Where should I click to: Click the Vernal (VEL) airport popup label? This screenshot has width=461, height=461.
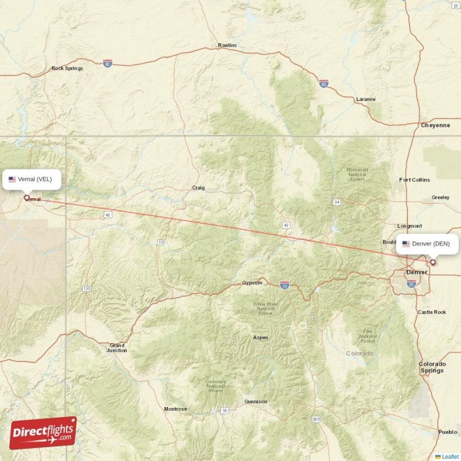(x=32, y=179)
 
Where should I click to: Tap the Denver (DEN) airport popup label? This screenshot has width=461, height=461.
(x=427, y=244)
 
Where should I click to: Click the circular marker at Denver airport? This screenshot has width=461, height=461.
(x=433, y=262)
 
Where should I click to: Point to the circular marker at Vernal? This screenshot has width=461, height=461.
(x=27, y=198)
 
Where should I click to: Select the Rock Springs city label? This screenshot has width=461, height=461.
(x=67, y=68)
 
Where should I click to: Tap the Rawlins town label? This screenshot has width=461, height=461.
(x=227, y=45)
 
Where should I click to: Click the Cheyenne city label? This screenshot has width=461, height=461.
(x=435, y=125)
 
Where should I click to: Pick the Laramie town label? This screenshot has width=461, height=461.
(x=365, y=99)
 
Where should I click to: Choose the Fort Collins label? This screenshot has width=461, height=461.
(x=414, y=180)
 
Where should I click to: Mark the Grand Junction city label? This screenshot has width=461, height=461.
(x=117, y=348)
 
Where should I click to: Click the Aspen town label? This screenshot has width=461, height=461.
(x=260, y=338)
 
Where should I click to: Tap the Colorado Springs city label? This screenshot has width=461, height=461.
(x=432, y=367)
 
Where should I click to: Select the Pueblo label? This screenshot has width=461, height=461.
(x=448, y=432)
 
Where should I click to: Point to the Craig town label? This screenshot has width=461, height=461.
(x=198, y=188)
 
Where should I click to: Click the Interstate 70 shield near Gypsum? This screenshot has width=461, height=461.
(x=284, y=285)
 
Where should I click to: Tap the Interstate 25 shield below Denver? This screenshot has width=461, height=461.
(x=411, y=284)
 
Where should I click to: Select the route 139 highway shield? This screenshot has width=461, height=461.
(x=86, y=288)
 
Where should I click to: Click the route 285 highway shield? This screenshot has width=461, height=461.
(x=316, y=420)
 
